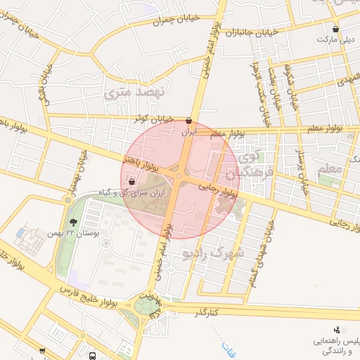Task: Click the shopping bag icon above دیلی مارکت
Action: pyautogui.click(x=335, y=30)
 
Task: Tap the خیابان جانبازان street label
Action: pyautogui.click(x=252, y=32)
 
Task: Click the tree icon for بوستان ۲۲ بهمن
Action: pyautogui.click(x=74, y=221)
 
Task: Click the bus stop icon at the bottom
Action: pyautogui.click(x=93, y=356)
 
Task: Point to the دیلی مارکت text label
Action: pyautogui.click(x=335, y=40)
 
